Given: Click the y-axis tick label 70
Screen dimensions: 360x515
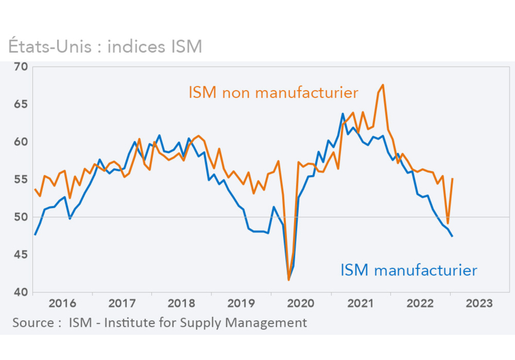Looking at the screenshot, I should [x=21, y=66].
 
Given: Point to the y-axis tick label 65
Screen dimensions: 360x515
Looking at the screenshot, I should [x=21, y=104].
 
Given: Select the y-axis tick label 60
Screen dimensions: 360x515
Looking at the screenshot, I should [x=21, y=142].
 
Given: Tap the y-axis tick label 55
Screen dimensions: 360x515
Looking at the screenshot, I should [x=21, y=179].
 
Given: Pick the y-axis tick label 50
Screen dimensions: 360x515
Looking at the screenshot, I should [x=21, y=217].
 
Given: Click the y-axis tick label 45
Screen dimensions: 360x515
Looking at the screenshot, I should [x=21, y=254].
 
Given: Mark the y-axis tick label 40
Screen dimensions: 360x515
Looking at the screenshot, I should [x=21, y=292].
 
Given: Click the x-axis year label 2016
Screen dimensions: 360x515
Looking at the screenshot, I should [x=62, y=304].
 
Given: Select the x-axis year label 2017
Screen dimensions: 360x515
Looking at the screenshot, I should [x=121, y=304].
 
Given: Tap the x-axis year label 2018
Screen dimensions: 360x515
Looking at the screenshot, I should [x=181, y=304].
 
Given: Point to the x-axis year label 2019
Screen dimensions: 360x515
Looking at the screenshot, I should [x=240, y=304].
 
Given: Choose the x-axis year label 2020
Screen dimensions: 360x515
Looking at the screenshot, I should [x=300, y=304].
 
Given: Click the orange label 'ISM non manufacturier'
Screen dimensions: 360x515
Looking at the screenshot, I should [x=273, y=93].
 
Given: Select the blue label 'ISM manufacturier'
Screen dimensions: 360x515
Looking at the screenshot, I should [x=408, y=271].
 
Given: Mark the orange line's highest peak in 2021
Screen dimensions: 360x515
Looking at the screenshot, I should [x=383, y=85].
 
